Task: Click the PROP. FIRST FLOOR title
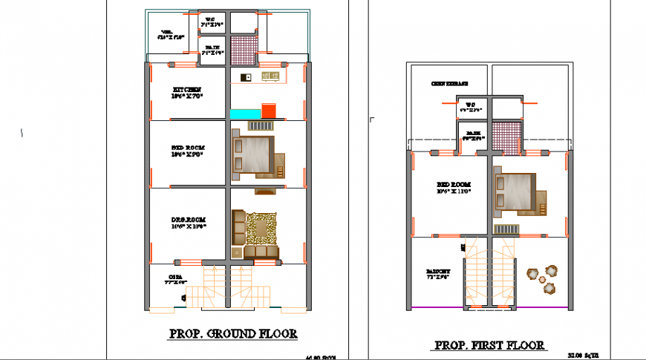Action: (x=489, y=344)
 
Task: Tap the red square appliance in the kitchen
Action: (x=270, y=111)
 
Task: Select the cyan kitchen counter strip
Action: (x=245, y=113)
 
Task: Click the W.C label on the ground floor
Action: (x=210, y=20)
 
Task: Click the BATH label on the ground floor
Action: (x=212, y=50)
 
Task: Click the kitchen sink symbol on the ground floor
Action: (x=246, y=76)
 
